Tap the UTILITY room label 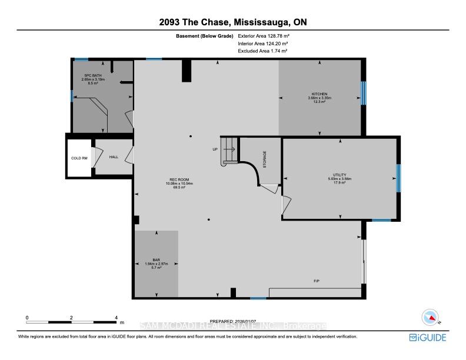[339, 175]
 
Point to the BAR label [157, 259]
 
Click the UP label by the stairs [215, 149]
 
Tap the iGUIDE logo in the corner [428, 337]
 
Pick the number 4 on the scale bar [116, 317]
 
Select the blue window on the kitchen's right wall [363, 92]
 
